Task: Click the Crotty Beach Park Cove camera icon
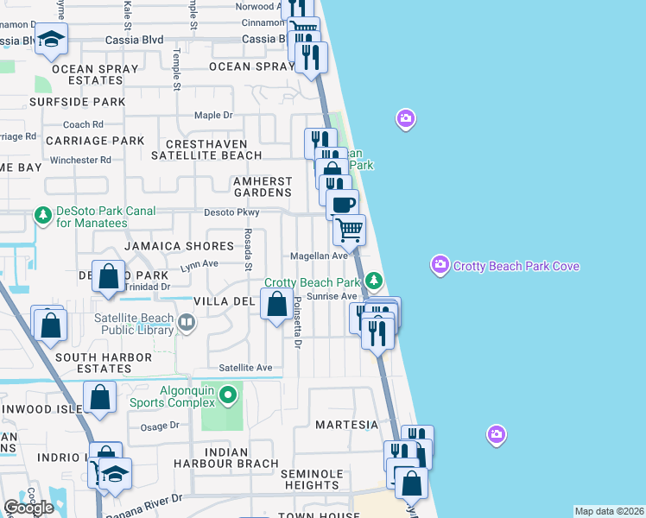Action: click(x=440, y=263)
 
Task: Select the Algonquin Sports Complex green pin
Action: click(x=228, y=396)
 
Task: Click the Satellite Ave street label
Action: click(x=245, y=368)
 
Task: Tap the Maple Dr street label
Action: click(x=213, y=115)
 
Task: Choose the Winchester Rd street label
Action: click(x=80, y=160)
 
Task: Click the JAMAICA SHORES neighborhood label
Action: click(x=167, y=246)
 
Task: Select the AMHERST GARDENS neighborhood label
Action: click(x=262, y=187)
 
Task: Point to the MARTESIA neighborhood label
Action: click(x=346, y=425)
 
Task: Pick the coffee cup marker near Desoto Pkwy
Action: click(x=343, y=205)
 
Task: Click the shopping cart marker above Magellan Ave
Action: click(x=350, y=230)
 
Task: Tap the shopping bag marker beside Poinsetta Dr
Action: click(x=276, y=304)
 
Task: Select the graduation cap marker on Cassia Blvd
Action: click(x=51, y=39)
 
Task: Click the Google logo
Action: click(x=28, y=508)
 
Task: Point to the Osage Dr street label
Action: click(x=157, y=426)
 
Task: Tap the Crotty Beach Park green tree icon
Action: click(x=373, y=281)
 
